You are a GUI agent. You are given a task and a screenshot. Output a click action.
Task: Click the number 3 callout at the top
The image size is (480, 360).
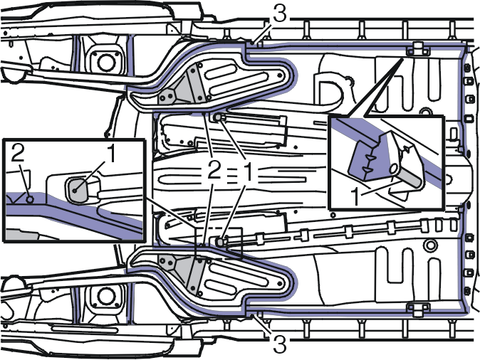279,14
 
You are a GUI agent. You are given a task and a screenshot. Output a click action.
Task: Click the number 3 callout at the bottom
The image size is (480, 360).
279,344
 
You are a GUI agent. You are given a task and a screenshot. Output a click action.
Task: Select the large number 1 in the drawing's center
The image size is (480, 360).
249,171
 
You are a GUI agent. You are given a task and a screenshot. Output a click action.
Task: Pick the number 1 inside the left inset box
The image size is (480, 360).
111,154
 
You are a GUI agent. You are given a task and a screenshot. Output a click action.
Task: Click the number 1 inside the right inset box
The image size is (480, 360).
355,196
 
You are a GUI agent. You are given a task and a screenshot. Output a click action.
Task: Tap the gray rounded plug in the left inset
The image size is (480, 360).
77,190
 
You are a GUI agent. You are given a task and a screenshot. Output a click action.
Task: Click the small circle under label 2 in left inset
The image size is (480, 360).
30,200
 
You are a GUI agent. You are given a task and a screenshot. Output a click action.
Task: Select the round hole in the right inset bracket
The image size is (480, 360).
393,169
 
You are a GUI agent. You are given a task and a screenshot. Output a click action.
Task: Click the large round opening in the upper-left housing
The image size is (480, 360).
106,63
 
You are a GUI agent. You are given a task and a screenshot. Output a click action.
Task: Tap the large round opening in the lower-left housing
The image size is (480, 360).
105,296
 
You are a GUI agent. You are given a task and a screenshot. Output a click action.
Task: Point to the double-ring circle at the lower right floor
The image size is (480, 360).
430,245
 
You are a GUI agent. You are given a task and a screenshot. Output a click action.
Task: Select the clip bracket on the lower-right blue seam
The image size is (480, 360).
418,309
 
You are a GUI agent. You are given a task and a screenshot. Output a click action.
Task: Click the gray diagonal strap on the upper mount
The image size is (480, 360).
195,84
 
